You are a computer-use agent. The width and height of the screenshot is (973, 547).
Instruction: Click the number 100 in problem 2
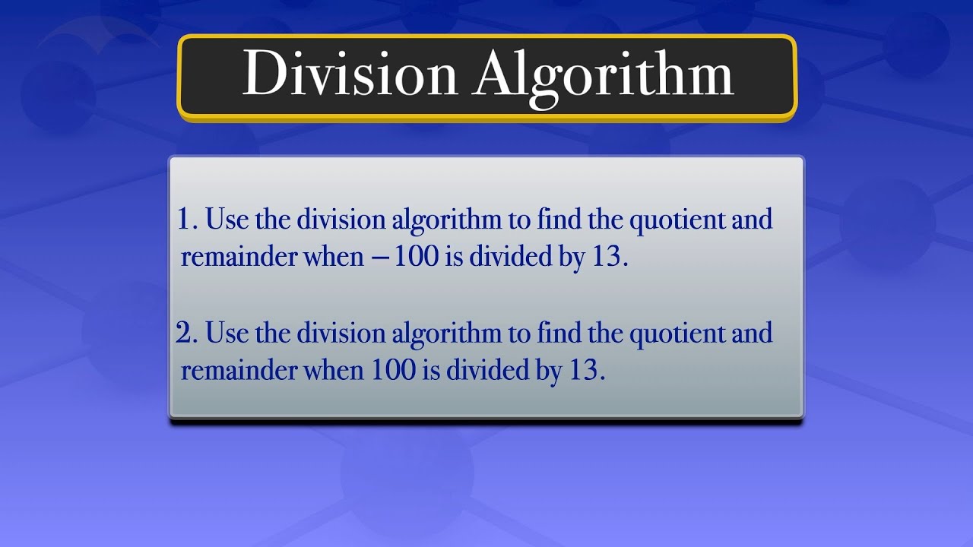pos(394,371)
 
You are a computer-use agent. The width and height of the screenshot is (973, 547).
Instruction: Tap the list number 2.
pos(187,334)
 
